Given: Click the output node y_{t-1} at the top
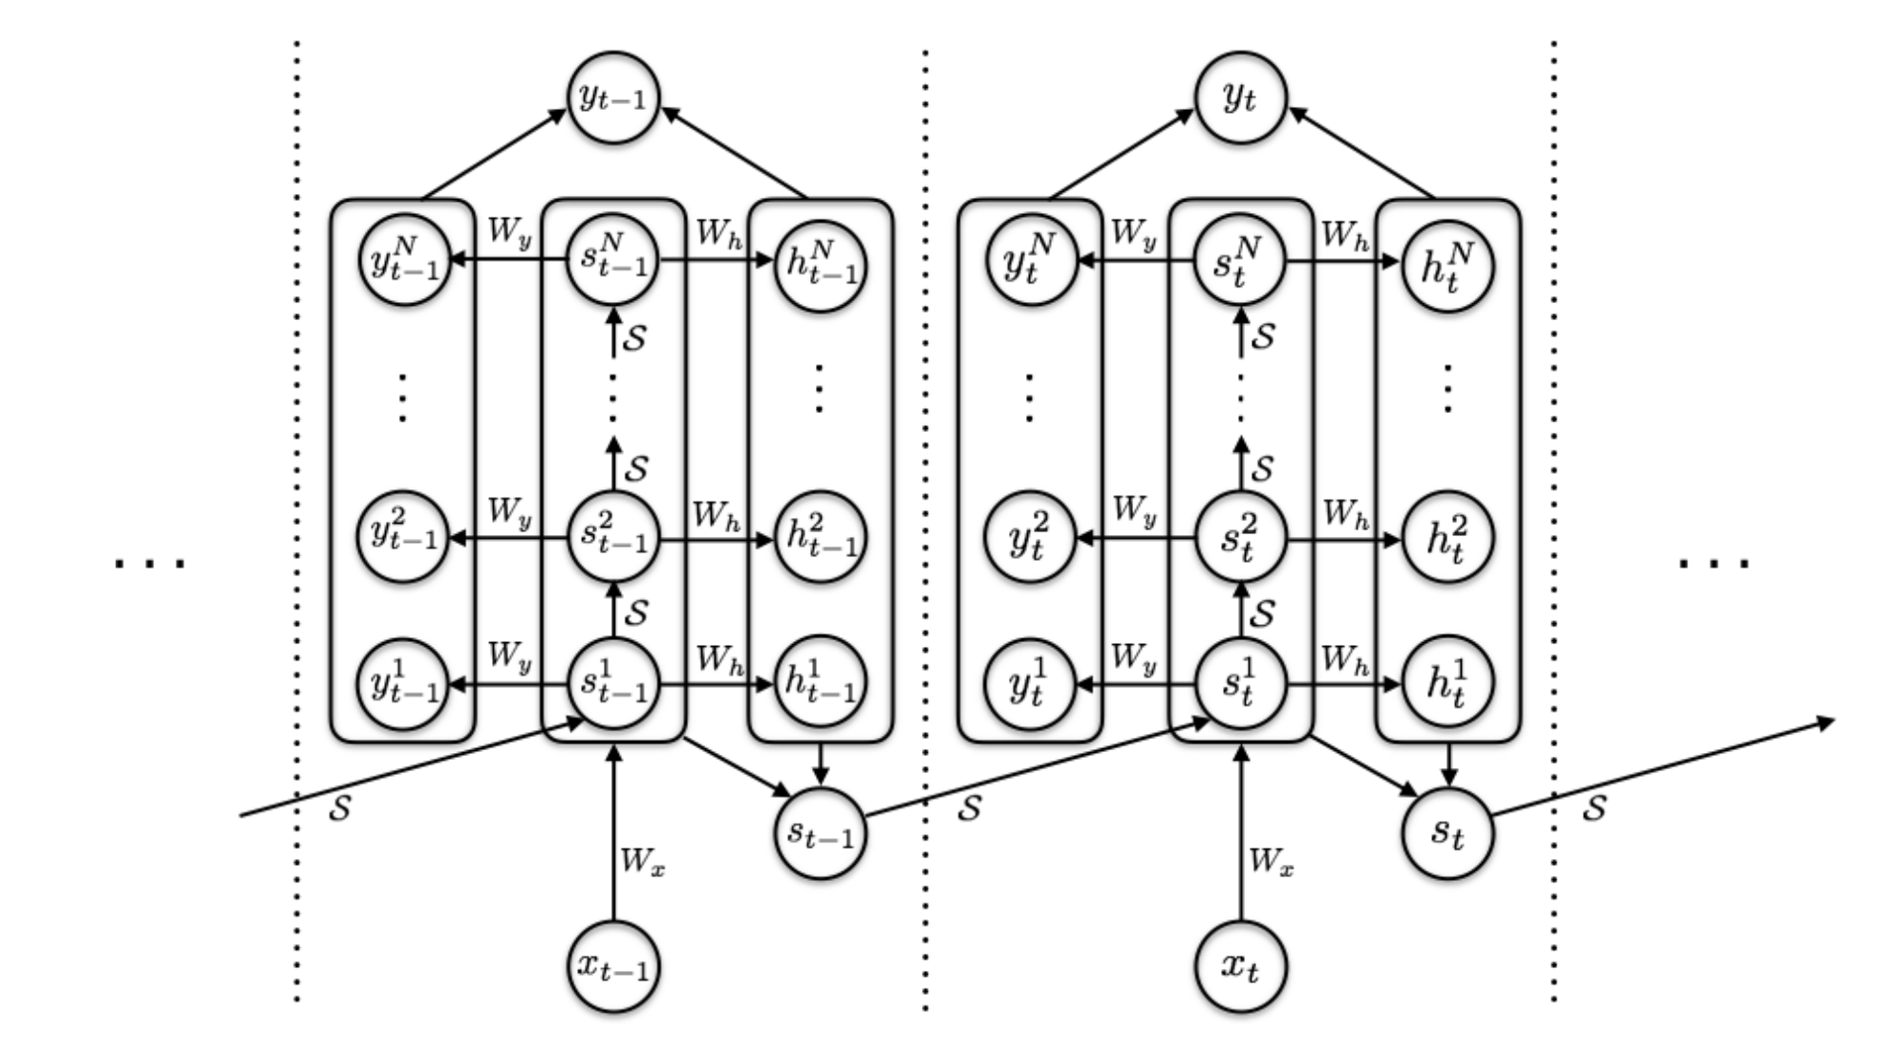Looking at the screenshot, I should pyautogui.click(x=613, y=97).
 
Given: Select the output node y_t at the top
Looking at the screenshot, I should pyautogui.click(x=1241, y=97).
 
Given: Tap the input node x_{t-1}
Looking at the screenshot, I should pyautogui.click(x=613, y=966).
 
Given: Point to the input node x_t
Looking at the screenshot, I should pyautogui.click(x=1241, y=966).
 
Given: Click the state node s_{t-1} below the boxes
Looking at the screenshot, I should pyautogui.click(x=820, y=832).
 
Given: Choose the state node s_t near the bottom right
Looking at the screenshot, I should pyautogui.click(x=1447, y=832).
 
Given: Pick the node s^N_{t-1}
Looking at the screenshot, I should pyautogui.click(x=613, y=259).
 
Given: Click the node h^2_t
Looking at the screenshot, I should pyautogui.click(x=1447, y=539).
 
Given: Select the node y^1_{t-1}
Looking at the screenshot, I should pyautogui.click(x=403, y=684).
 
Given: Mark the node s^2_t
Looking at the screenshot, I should pyautogui.click(x=1241, y=539).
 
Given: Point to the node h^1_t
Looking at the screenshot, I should pyautogui.click(x=1447, y=684).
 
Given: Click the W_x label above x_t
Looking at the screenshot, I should pyautogui.click(x=1272, y=862).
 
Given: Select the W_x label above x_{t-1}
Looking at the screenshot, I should pyautogui.click(x=643, y=862).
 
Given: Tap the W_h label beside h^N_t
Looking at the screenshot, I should pyautogui.click(x=1345, y=235).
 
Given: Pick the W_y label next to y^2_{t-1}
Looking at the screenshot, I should pyautogui.click(x=509, y=513).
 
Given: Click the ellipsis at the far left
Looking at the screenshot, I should pyautogui.click(x=150, y=563).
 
